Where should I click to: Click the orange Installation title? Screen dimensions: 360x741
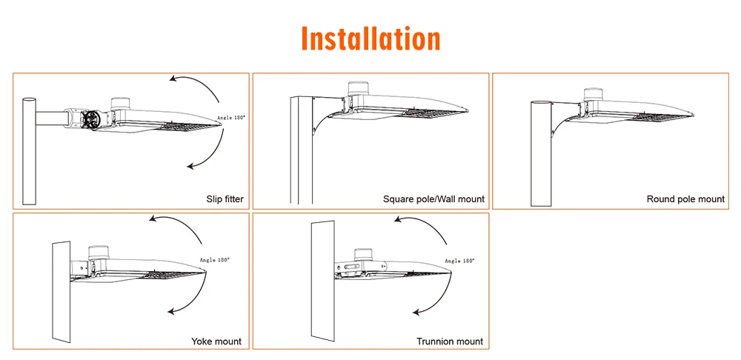[370, 38]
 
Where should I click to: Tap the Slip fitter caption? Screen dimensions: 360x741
[225, 199]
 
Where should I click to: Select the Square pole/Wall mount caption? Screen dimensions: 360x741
[433, 199]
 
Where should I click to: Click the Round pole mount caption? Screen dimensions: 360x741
[685, 199]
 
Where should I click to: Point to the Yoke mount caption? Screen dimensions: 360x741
[216, 341]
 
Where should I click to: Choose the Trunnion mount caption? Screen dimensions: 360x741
[449, 341]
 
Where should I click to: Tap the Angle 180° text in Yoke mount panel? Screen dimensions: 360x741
[214, 260]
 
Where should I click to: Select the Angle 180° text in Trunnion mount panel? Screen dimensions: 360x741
[459, 261]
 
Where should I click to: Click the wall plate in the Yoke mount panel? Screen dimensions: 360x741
[59, 293]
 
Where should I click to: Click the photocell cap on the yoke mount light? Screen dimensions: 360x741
[99, 251]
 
